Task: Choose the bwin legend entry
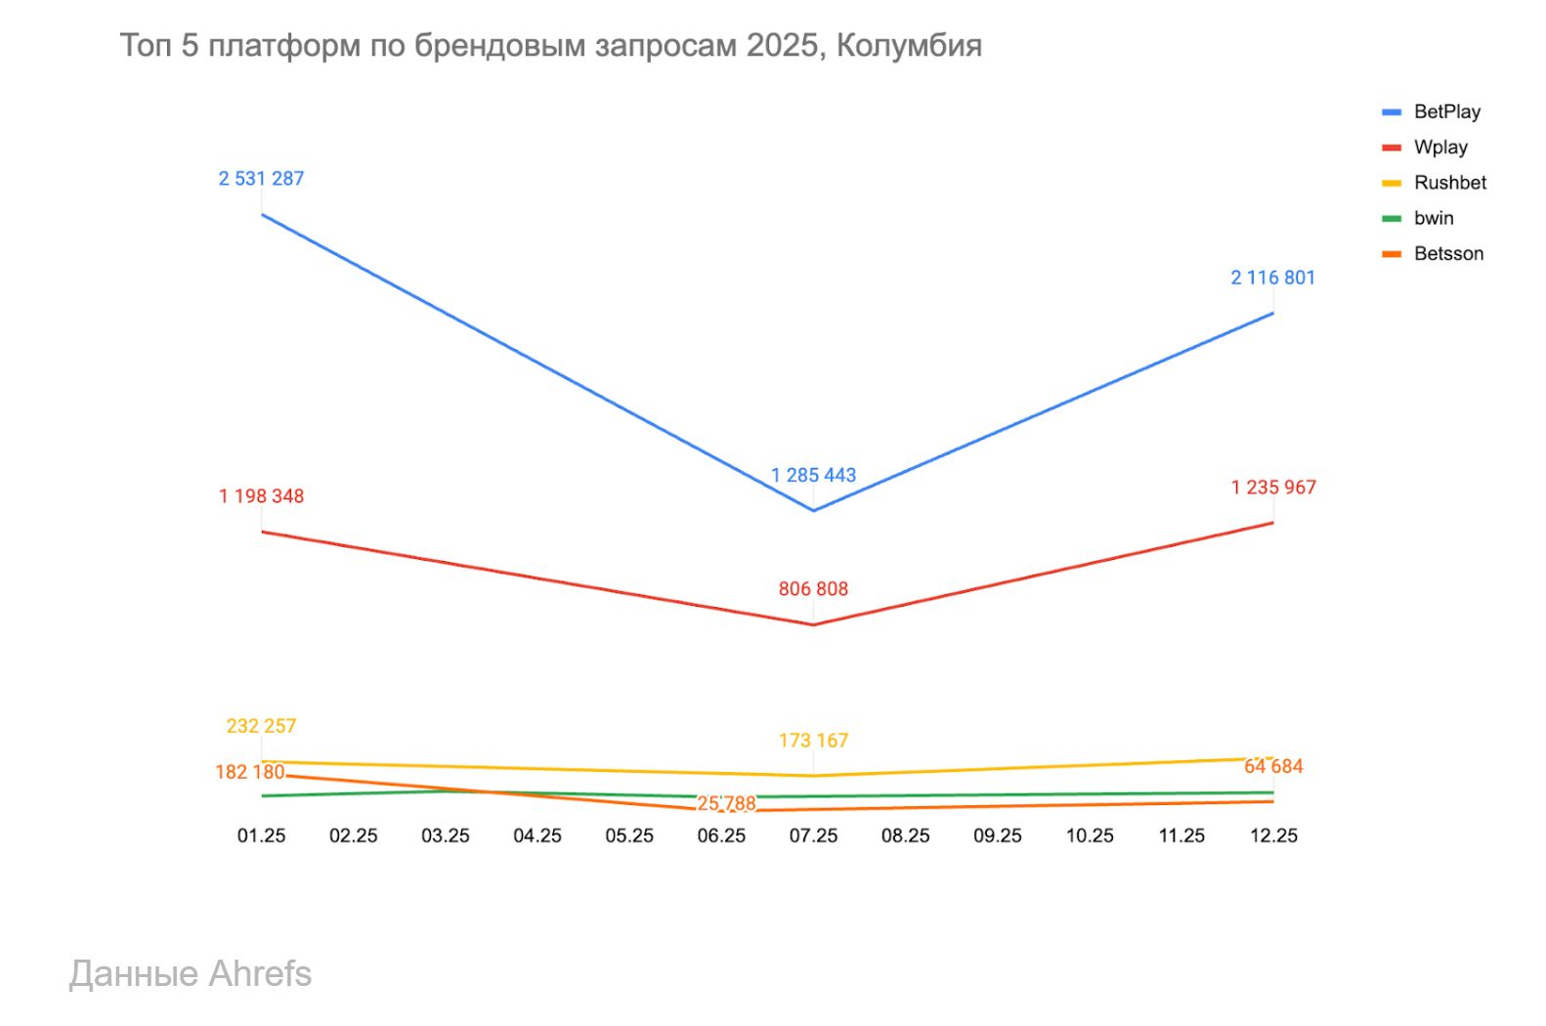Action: tap(1434, 218)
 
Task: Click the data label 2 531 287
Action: tap(261, 179)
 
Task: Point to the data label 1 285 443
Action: tap(813, 476)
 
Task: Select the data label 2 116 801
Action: tap(1272, 278)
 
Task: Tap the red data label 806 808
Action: tap(813, 589)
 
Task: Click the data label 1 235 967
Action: tap(1272, 488)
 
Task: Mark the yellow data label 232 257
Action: tap(261, 726)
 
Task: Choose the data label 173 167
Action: tap(813, 741)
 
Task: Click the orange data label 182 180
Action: tap(249, 772)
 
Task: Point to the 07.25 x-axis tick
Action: tap(813, 835)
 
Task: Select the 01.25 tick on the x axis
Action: tap(261, 835)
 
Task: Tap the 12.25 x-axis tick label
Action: tap(1273, 835)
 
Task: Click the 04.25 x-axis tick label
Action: tap(537, 835)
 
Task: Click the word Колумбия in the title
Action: tap(909, 46)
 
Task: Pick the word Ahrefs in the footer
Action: tap(260, 974)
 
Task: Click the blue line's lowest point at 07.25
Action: tap(813, 510)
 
